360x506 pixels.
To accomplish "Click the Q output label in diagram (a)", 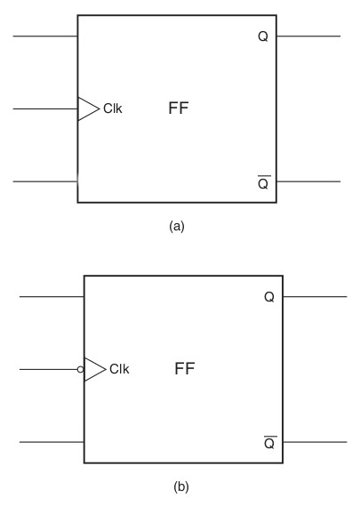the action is [x=263, y=36].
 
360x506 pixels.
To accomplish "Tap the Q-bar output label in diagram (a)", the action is [x=264, y=182].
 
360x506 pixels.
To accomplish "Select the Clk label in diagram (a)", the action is [x=113, y=108].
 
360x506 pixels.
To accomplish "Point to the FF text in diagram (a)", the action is [x=179, y=108].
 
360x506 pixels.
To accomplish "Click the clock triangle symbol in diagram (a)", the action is [x=88, y=108].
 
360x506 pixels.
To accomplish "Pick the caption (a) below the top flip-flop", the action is [x=177, y=226].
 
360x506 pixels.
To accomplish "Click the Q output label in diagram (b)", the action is [x=269, y=297].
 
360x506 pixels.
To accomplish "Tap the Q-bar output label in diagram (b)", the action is [x=270, y=443].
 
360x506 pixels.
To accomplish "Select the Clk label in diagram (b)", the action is [x=119, y=369].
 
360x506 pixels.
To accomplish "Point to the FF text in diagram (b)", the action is [x=185, y=368].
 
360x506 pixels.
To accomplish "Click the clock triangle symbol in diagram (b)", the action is [x=95, y=370].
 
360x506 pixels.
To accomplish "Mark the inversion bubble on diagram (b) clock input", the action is [x=81, y=370].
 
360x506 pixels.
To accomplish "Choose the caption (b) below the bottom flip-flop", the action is [x=181, y=486].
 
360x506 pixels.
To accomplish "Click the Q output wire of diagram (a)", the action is [x=308, y=36].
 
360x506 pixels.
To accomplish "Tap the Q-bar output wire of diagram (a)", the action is [x=308, y=181].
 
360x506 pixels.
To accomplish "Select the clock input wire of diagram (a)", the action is [x=45, y=109].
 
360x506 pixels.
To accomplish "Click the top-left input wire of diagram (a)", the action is [x=45, y=36].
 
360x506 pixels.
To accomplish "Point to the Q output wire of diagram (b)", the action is [x=315, y=296].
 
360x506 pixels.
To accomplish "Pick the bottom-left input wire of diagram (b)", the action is [x=52, y=442].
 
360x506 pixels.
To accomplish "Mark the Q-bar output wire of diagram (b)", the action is [x=315, y=442].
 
